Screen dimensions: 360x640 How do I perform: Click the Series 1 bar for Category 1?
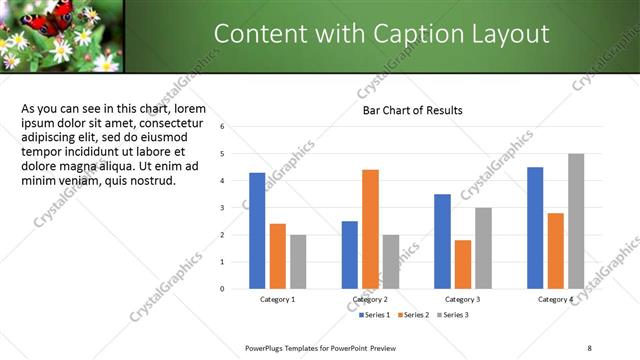click(x=257, y=231)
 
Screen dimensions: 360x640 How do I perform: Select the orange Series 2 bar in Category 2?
click(x=370, y=229)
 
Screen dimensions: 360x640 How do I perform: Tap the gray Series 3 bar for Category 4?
click(x=576, y=221)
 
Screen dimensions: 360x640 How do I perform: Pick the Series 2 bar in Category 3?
click(x=462, y=264)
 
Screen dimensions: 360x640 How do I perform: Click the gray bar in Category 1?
click(x=298, y=262)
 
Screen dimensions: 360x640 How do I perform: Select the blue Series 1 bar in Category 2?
click(x=349, y=255)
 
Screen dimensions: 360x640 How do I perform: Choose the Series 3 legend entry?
click(x=452, y=315)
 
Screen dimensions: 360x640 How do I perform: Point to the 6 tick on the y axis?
click(x=236, y=127)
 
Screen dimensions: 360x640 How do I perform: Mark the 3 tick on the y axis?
click(x=236, y=208)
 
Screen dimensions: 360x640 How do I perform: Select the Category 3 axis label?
click(x=463, y=299)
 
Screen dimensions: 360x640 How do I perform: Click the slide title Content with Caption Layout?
click(x=381, y=34)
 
